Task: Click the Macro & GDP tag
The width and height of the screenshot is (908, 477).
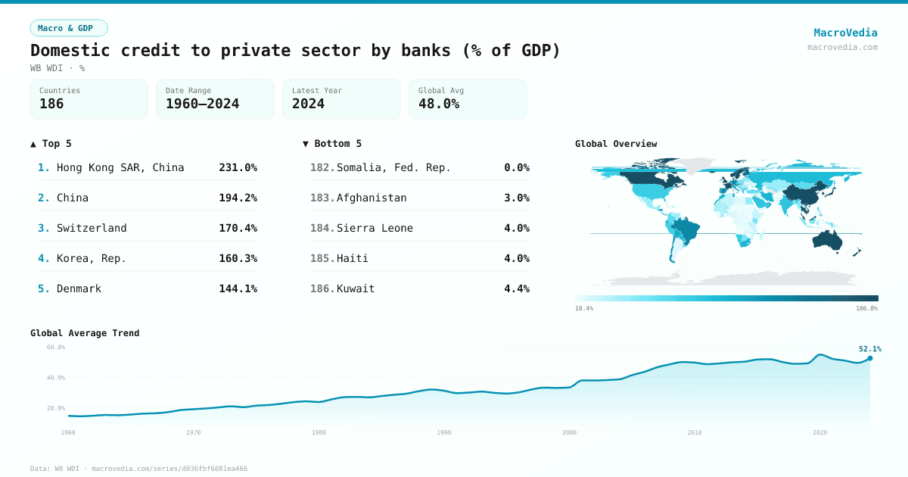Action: coord(69,28)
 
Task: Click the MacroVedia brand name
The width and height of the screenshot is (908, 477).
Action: coord(845,33)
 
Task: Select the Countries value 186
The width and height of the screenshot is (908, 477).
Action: coord(51,104)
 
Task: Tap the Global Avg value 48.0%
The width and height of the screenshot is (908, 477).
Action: coord(439,104)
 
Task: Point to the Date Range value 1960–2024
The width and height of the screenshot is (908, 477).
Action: coord(202,104)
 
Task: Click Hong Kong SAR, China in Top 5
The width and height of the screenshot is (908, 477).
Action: coord(120,167)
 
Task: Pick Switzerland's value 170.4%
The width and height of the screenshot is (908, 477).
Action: coord(238,228)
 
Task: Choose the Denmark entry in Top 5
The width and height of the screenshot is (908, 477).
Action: coord(79,288)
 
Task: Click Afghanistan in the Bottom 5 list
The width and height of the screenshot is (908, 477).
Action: coord(372,198)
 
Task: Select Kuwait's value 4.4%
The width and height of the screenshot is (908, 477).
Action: coord(516,288)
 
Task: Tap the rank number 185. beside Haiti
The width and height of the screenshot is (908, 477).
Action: coord(322,258)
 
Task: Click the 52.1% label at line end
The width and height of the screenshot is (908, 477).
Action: coord(869,349)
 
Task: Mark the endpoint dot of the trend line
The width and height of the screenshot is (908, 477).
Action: coord(870,358)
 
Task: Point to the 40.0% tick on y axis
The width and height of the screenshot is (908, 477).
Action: coord(56,378)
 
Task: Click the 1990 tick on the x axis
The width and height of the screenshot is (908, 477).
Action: coord(444,432)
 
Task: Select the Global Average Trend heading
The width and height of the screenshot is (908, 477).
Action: coord(85,333)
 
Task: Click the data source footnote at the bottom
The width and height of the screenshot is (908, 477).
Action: coord(138,469)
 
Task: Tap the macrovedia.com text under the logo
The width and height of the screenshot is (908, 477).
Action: coord(842,47)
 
